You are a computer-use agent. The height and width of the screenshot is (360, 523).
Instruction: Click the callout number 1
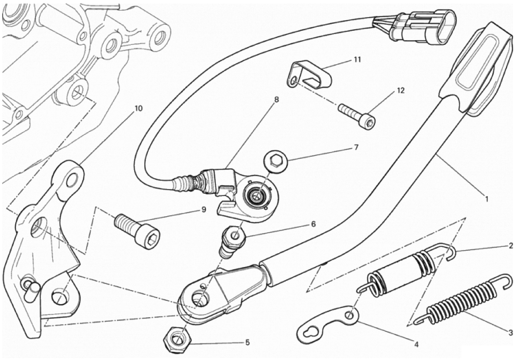coord(486,200)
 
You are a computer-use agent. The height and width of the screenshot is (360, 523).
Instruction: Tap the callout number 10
coord(138,108)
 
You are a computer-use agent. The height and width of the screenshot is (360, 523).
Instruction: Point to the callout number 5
coord(247,342)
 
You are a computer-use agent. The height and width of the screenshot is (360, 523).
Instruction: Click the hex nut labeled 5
coord(177,338)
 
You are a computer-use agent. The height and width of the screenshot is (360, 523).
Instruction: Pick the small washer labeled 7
coord(276,163)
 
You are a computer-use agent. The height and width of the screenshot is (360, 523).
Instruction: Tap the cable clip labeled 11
coord(309,74)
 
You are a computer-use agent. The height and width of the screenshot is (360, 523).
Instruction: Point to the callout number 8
coord(276,100)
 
